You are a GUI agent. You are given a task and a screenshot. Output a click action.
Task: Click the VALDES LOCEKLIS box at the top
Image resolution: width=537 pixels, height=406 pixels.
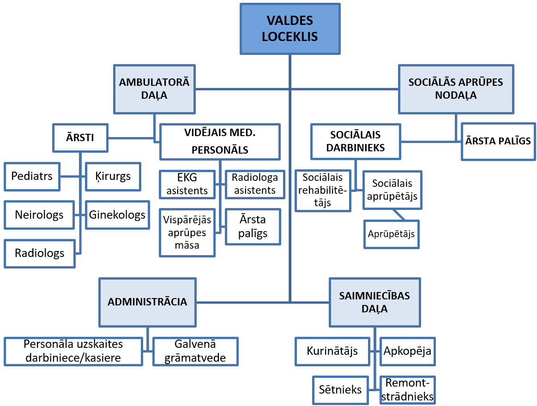coord(290,28)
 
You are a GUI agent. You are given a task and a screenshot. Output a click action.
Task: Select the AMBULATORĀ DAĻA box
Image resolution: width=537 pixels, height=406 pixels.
coord(154,89)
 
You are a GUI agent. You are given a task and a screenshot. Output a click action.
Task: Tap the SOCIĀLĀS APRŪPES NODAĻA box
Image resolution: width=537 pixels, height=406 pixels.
coord(456,89)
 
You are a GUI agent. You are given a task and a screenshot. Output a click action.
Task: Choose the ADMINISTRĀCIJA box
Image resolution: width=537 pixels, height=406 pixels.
coord(147,302)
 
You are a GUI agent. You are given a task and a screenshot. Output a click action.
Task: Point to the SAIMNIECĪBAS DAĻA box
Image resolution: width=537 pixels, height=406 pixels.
coord(374,302)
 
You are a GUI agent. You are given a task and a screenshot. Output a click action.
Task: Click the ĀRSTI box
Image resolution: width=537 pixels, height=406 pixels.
coord(80,137)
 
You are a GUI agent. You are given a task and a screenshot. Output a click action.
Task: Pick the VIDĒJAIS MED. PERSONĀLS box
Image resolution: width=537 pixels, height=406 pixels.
coord(220,142)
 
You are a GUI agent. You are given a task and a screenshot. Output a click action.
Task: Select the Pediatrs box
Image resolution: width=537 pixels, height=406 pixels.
coord(32,176)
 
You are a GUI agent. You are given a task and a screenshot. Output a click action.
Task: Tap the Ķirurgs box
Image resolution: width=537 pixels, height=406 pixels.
coord(114,176)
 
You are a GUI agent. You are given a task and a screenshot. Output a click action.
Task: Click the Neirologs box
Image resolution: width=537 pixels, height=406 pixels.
coord(39,215)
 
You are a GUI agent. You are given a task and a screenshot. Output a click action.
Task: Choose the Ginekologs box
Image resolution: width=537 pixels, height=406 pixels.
coord(117,215)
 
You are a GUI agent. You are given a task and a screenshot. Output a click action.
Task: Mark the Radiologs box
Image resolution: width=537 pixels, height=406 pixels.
coord(39,253)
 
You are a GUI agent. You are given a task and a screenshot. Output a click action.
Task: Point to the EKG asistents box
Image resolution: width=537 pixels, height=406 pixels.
coord(187,185)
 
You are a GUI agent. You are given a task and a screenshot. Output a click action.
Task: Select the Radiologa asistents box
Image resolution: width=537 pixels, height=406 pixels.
coord(254,184)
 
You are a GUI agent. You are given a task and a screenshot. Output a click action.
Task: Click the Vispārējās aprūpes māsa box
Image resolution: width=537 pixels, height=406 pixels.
coord(187,233)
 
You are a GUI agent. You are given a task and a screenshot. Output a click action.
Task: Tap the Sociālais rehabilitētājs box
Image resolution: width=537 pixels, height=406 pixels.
coord(323,190)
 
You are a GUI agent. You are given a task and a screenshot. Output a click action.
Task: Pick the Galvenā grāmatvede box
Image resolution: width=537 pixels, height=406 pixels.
coord(195,351)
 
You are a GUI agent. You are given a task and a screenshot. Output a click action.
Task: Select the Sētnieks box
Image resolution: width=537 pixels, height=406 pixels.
coord(340,390)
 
